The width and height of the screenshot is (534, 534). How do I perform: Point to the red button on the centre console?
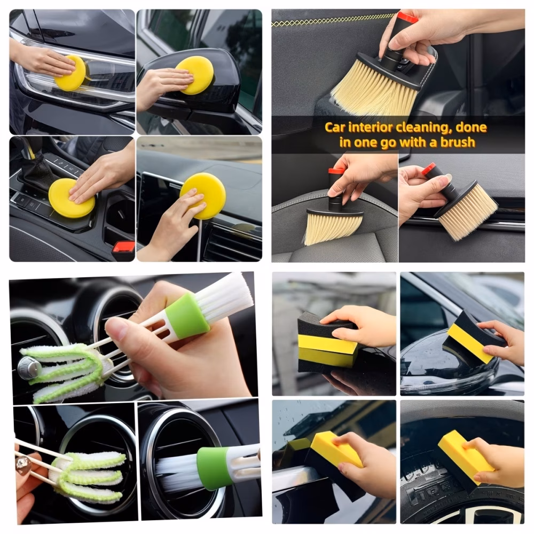point(123,246)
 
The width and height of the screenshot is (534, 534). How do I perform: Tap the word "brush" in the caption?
point(458,142)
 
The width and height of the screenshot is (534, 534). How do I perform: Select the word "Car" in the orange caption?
point(335,128)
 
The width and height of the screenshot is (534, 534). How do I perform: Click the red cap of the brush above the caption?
point(407,17)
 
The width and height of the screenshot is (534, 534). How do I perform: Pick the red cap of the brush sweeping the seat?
point(335,171)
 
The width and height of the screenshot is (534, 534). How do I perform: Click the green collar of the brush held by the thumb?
point(190,316)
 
